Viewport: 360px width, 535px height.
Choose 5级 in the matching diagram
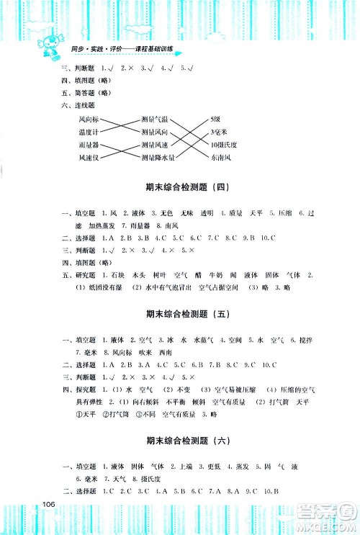pyautogui.click(x=215, y=118)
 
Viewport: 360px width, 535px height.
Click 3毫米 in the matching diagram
pyautogui.click(x=218, y=131)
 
